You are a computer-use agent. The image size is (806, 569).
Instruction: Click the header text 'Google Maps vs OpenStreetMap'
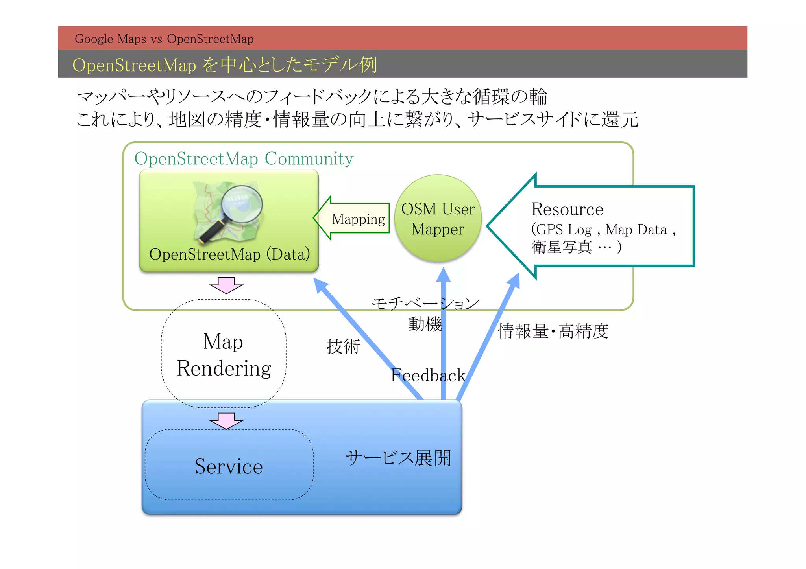point(164,39)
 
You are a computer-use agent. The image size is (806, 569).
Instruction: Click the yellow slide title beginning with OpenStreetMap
point(224,65)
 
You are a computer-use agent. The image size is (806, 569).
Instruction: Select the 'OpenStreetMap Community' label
point(244,158)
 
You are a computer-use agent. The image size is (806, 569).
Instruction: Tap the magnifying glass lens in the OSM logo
point(241,204)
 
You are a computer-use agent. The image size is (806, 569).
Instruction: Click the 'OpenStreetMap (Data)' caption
point(229,254)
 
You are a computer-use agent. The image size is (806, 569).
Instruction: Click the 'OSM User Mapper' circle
point(438,219)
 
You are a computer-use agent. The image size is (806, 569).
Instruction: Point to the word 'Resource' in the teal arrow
point(567,209)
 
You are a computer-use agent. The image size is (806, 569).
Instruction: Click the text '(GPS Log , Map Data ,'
point(603,230)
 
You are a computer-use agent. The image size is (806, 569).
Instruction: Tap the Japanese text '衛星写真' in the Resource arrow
point(562,247)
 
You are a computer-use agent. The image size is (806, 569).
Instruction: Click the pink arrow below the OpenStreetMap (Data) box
point(226,285)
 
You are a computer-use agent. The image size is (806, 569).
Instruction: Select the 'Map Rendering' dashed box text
point(224,355)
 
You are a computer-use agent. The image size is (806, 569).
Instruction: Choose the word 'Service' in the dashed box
point(229,466)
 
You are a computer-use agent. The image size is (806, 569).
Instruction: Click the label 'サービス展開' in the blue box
point(398,458)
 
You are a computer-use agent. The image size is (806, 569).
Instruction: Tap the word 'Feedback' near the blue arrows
point(428,376)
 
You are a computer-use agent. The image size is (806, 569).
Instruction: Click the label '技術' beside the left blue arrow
point(343,347)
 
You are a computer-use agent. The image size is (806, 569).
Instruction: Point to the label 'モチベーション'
point(425,303)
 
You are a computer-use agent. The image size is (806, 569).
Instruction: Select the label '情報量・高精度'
point(553,331)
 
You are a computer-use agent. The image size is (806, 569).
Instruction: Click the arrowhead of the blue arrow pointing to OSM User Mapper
point(444,275)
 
